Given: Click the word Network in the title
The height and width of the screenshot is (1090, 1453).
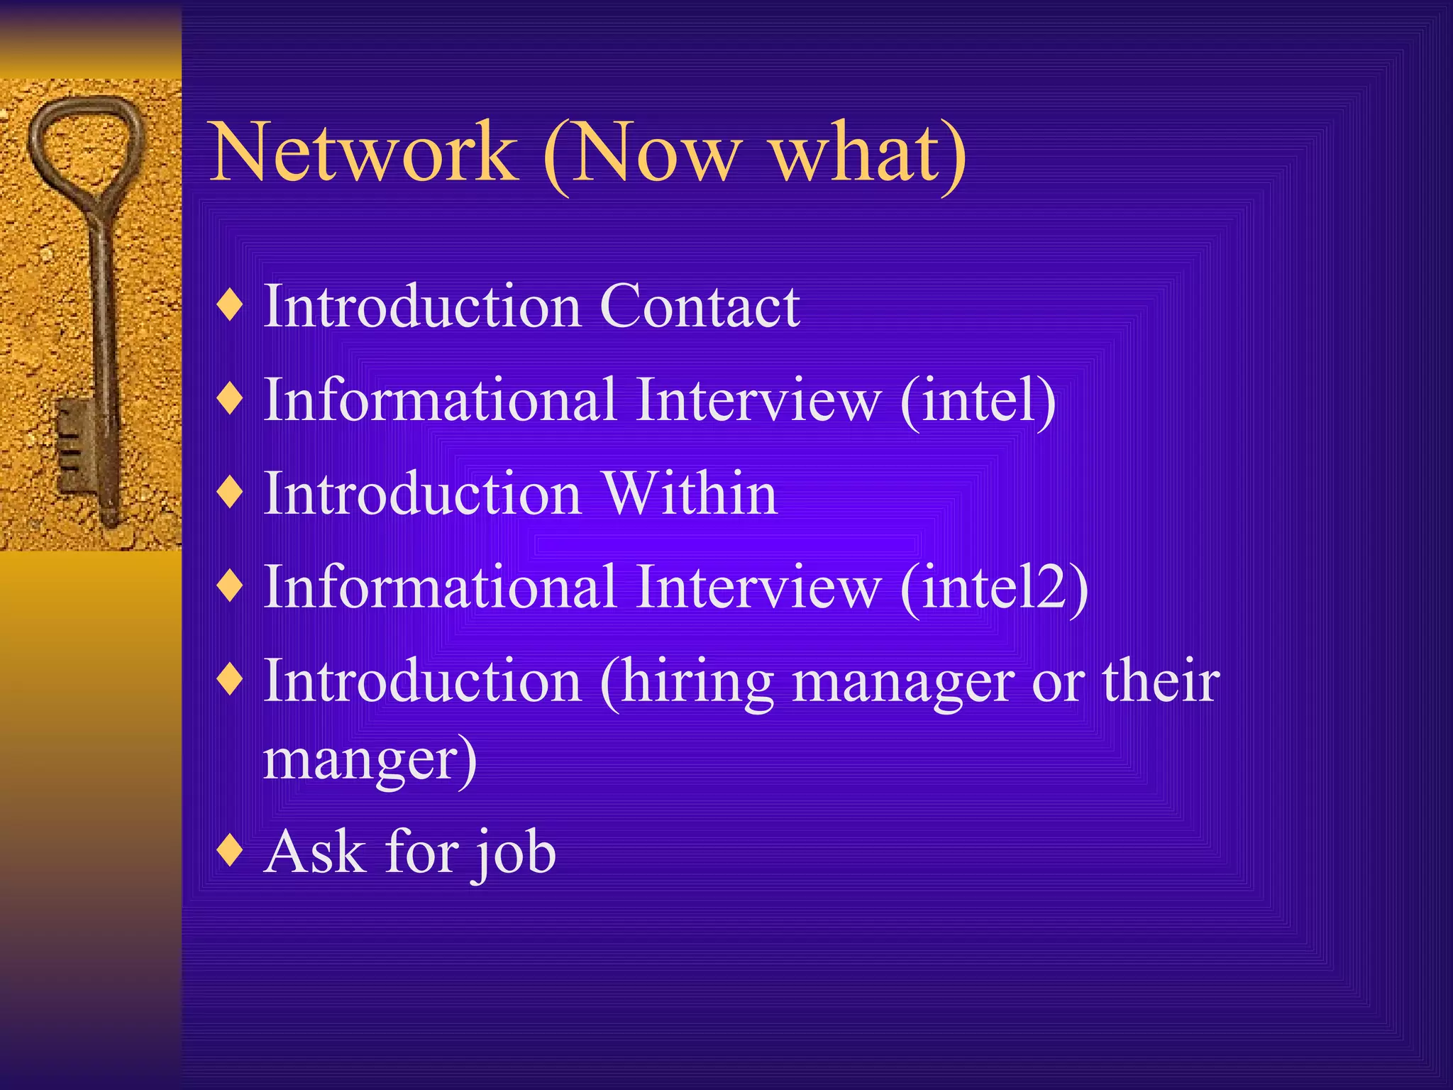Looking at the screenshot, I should click(x=363, y=152).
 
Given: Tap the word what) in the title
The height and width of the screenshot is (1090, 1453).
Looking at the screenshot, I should click(x=868, y=152).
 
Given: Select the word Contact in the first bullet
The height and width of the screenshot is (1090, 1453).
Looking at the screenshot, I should click(x=700, y=307).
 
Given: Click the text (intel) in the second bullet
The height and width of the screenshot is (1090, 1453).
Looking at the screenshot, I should click(x=978, y=400).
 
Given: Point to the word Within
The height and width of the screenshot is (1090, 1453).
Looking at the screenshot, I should click(x=690, y=494).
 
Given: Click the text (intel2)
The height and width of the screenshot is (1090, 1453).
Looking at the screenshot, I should click(x=993, y=588).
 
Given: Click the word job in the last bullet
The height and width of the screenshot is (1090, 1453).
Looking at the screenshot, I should click(x=514, y=853).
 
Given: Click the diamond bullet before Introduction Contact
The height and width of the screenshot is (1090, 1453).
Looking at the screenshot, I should click(x=231, y=305).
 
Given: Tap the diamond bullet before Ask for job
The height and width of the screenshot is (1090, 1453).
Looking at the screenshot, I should click(x=231, y=850).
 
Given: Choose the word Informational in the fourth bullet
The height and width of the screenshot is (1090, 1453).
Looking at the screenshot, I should click(x=440, y=588).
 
